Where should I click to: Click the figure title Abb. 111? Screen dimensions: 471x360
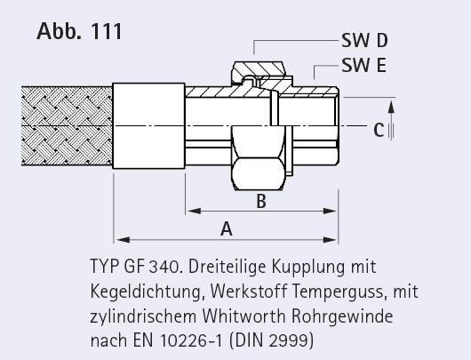(x=79, y=31)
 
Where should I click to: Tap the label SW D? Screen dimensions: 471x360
(x=364, y=40)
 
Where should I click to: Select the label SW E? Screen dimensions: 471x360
(x=363, y=65)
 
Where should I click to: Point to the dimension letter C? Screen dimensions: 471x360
(x=379, y=130)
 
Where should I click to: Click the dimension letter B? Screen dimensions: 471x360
(x=261, y=201)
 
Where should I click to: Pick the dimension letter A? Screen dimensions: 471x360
(x=227, y=228)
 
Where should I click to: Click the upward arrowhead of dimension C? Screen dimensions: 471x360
(x=391, y=107)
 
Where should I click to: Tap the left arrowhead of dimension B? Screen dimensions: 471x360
(x=194, y=211)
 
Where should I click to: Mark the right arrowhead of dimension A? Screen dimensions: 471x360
(x=330, y=239)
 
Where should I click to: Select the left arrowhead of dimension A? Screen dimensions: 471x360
(x=123, y=239)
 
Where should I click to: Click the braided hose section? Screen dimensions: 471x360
(x=67, y=126)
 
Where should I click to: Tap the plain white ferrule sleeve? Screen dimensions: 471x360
(x=148, y=125)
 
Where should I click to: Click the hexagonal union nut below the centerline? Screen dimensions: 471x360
(x=259, y=157)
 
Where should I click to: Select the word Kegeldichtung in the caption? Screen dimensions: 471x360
(x=146, y=292)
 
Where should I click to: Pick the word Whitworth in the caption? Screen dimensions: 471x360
(x=243, y=316)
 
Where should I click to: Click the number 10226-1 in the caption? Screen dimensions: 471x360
(x=192, y=340)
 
